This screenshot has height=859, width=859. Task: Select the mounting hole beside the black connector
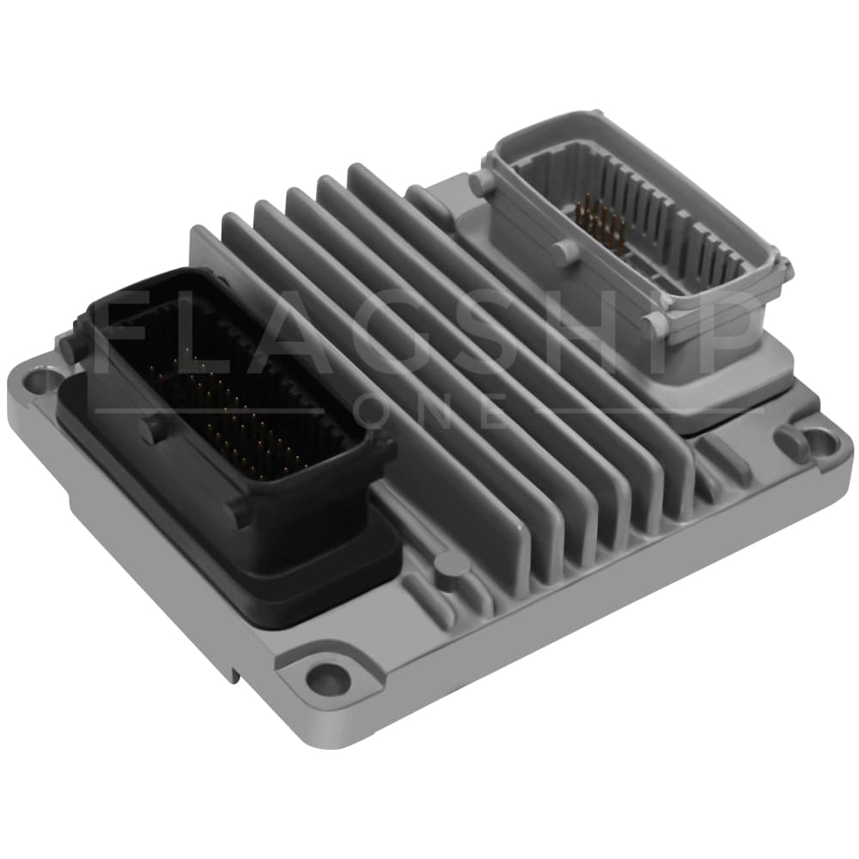[x=41, y=379]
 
